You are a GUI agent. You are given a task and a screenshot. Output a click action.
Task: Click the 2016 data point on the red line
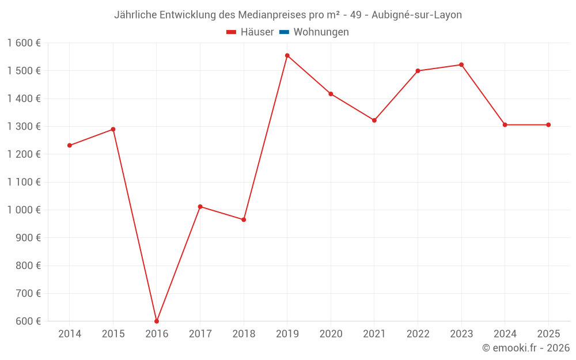click(157, 321)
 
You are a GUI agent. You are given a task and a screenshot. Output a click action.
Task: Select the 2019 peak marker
click(287, 55)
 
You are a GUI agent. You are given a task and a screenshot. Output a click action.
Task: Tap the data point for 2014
click(70, 145)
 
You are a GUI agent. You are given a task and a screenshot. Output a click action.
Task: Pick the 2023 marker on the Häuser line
click(461, 65)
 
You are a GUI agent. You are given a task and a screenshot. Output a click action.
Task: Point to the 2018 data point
click(244, 219)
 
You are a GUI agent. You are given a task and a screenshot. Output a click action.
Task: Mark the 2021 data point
click(374, 120)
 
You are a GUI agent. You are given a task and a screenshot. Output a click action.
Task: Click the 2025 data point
click(548, 125)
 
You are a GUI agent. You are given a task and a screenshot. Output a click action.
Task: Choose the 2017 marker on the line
click(200, 206)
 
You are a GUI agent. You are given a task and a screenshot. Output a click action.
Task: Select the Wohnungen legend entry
click(321, 32)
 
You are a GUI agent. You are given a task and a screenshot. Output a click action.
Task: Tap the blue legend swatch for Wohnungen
click(284, 32)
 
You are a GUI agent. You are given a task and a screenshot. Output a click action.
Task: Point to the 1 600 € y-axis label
click(24, 43)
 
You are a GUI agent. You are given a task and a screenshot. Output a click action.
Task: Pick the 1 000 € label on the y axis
click(24, 210)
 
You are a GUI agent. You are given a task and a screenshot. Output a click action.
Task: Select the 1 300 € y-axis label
click(24, 126)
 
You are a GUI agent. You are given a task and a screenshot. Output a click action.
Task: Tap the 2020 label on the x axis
click(331, 334)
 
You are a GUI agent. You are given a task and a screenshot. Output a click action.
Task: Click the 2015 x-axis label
click(113, 334)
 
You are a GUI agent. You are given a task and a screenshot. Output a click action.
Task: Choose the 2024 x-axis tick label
click(505, 334)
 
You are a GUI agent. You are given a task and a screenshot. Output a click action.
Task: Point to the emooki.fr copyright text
click(526, 348)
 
